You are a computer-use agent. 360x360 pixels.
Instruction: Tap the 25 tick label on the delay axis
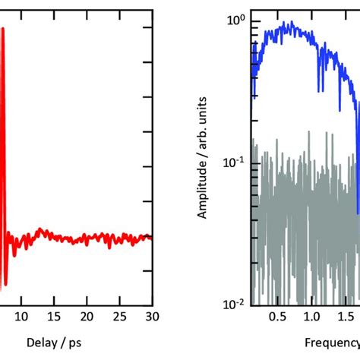(120, 316)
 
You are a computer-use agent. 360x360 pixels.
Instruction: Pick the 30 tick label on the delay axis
(152, 316)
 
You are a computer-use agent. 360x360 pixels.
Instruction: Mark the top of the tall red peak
(3, 29)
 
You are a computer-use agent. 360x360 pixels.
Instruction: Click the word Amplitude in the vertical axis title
(204, 190)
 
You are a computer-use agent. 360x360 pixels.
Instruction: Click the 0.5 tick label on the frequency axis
(279, 316)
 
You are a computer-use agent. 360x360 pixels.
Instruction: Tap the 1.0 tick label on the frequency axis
(311, 316)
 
